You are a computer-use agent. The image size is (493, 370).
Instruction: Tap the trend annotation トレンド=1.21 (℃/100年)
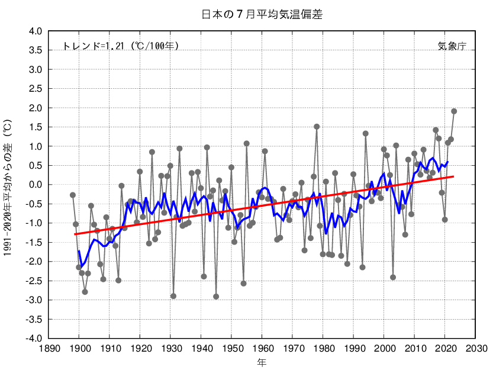tap(121, 46)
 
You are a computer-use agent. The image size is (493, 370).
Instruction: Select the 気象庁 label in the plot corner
tap(452, 46)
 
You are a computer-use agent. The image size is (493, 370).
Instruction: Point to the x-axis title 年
tap(262, 361)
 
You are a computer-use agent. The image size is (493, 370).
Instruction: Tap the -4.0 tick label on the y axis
tap(33, 339)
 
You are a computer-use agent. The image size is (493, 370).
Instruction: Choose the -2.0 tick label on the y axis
tap(33, 262)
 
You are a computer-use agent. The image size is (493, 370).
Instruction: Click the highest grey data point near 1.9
tap(454, 111)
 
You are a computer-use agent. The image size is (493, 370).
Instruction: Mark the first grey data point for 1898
tap(73, 195)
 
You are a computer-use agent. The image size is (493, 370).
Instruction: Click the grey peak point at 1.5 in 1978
tap(317, 127)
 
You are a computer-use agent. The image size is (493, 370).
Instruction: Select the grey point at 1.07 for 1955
tap(246, 143)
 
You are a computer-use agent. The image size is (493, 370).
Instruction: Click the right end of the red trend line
tap(454, 176)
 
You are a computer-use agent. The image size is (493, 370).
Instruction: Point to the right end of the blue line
tap(448, 161)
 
